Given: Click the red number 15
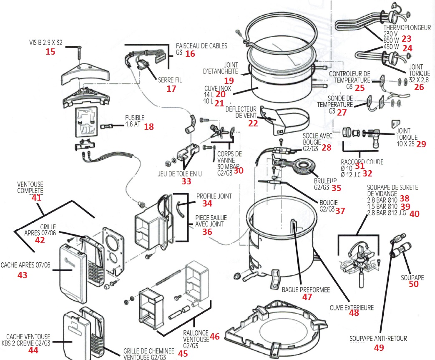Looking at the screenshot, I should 50,52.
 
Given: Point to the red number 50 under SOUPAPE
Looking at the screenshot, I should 413,284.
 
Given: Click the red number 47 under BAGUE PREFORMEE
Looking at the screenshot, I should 307,297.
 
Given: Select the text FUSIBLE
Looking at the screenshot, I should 135,117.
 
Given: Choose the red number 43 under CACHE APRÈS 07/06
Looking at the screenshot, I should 22,275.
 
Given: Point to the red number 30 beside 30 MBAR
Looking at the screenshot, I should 238,170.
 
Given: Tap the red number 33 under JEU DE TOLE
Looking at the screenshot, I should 186,181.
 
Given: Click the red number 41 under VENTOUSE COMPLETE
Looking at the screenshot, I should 37,198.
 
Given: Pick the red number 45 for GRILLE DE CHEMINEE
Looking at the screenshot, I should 183,354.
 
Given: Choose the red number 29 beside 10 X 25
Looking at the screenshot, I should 421,144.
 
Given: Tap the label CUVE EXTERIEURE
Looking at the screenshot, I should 351,307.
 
